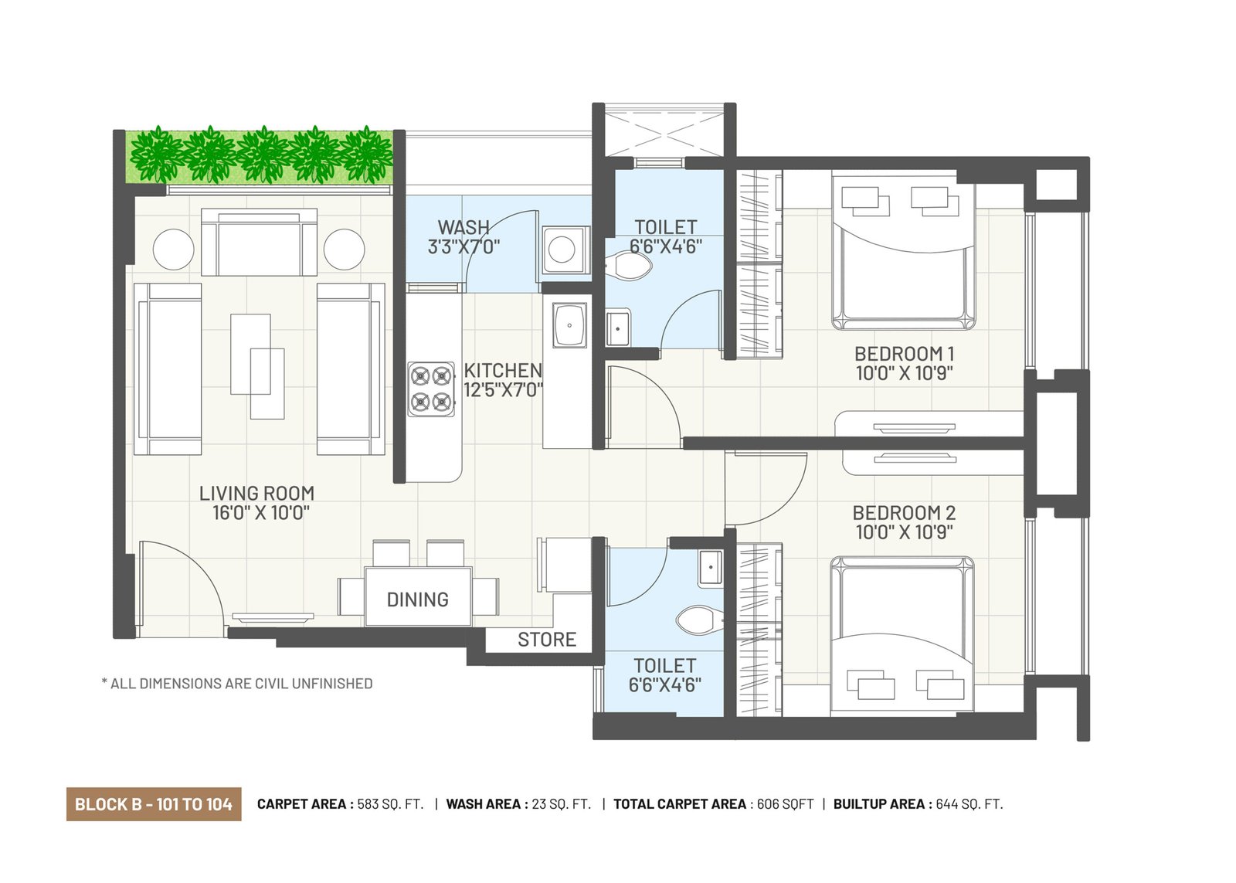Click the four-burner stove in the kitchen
[x=432, y=389]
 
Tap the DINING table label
[x=418, y=600]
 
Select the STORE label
[x=547, y=640]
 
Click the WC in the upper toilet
[x=629, y=266]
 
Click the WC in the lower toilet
[x=699, y=620]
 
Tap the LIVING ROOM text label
[x=257, y=493]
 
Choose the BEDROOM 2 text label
[x=905, y=513]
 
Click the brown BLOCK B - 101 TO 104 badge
[x=154, y=804]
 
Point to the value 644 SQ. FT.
[x=969, y=804]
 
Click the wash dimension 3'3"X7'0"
[x=464, y=246]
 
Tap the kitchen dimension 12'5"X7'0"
[x=503, y=390]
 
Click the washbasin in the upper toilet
[x=618, y=328]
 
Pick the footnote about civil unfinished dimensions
[x=237, y=684]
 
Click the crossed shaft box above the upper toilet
[x=664, y=134]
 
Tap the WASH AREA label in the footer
[x=483, y=804]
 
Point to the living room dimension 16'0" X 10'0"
[x=261, y=513]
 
